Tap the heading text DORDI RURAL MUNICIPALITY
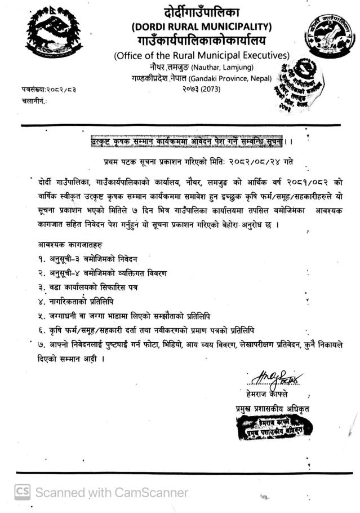pyautogui.click(x=201, y=26)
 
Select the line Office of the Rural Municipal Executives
pyautogui.click(x=201, y=55)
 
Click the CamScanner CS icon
pyautogui.click(x=22, y=492)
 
